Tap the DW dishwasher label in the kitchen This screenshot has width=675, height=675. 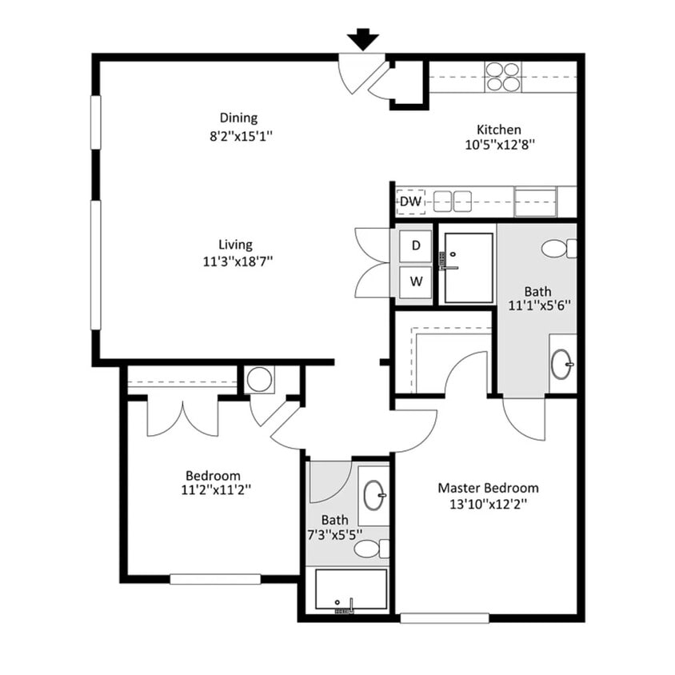point(410,202)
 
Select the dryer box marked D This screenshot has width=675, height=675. point(416,246)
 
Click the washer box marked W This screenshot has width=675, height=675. point(416,282)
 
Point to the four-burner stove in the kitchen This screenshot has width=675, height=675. point(503,76)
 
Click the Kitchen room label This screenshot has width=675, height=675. point(499,130)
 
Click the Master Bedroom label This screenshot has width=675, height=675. point(488,488)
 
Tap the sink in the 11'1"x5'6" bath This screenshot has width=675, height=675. point(562,365)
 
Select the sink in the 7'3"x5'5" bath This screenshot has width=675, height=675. point(373,496)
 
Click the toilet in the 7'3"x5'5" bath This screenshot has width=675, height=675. point(370,549)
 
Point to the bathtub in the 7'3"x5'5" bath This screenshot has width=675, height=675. point(350,590)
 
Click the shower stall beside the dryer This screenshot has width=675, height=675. point(469,268)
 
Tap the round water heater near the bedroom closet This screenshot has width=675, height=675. point(260,379)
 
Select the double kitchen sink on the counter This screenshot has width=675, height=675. point(452,201)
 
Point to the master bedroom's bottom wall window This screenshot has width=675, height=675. point(444,618)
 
